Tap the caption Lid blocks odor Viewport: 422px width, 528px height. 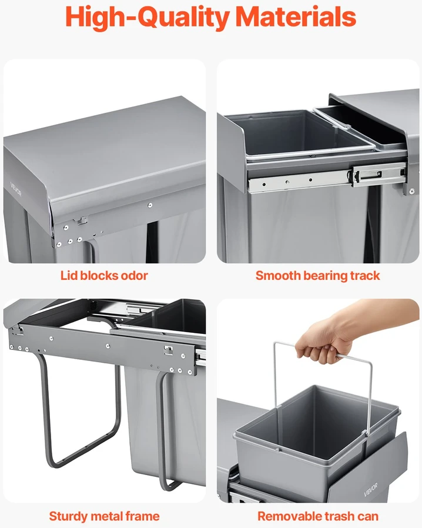point(104,275)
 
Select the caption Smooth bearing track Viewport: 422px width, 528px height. point(318,276)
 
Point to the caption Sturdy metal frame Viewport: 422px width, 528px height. point(104,516)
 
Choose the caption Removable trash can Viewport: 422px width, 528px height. point(318,516)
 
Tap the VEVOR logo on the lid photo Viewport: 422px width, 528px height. point(16,189)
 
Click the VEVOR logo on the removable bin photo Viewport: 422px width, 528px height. point(370,489)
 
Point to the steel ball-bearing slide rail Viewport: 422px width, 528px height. point(326,177)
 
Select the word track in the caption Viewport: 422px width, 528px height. point(365,276)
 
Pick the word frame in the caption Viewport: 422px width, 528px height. point(142,516)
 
